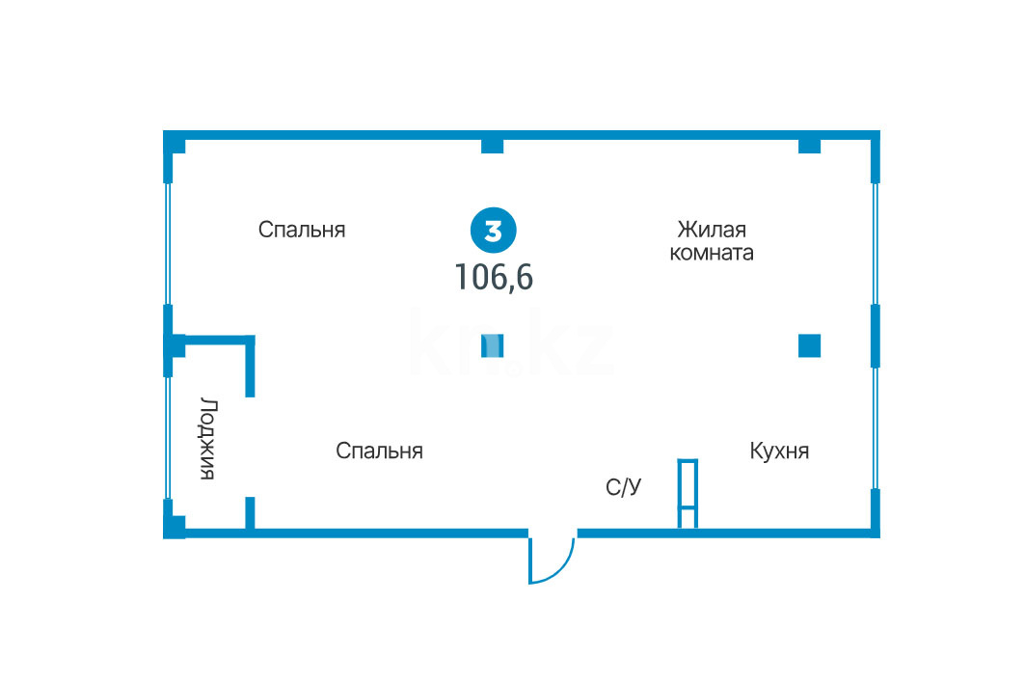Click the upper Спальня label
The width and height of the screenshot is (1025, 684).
click(302, 230)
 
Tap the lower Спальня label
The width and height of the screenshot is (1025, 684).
click(379, 451)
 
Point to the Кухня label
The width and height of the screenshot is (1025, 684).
click(779, 451)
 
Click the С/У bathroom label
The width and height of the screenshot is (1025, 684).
click(623, 488)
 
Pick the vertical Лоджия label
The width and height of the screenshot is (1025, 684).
click(207, 438)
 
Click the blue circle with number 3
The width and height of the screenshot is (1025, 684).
click(493, 232)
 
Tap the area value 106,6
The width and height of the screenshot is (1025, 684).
click(494, 278)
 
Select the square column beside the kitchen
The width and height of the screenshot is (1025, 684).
click(809, 345)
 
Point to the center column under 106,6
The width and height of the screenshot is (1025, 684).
click(493, 345)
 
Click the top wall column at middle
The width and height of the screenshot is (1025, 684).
click(492, 146)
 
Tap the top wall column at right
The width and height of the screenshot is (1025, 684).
click(809, 146)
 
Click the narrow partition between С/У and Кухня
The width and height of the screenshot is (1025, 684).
click(688, 494)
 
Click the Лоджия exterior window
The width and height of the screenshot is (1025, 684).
click(168, 438)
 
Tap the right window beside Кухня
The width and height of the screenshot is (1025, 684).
click(876, 428)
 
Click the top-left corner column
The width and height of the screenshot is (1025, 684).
click(175, 145)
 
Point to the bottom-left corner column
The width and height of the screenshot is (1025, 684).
click(175, 527)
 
